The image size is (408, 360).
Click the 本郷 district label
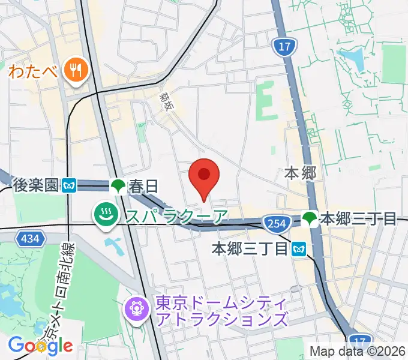tap(299, 173)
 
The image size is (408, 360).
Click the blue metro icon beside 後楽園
tap(70, 186)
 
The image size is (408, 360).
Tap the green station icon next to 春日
tap(118, 186)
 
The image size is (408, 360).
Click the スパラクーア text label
tap(176, 215)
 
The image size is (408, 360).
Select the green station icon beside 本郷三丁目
tap(310, 218)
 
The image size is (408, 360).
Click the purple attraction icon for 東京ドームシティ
tap(134, 309)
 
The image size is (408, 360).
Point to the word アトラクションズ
tap(221, 319)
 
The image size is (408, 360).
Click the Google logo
tap(40, 345)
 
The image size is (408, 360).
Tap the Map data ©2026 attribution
tap(358, 351)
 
